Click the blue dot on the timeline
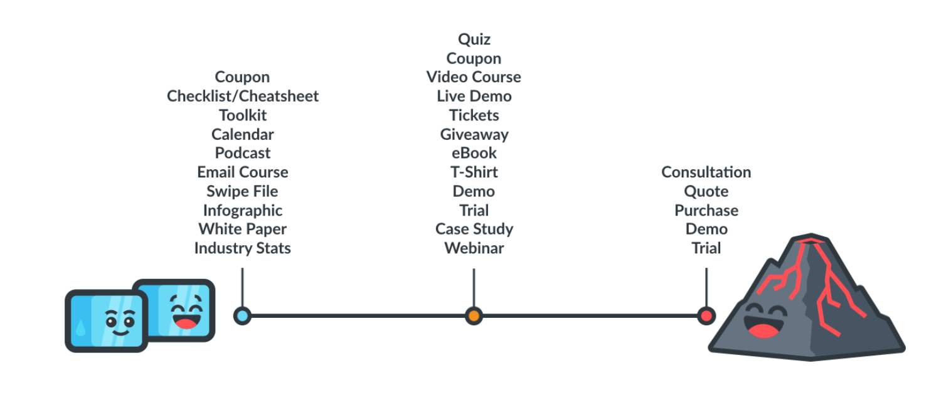pos(242,315)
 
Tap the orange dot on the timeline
pos(474,315)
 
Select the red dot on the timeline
pos(706,315)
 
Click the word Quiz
pos(474,39)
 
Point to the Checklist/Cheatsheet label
pos(243,96)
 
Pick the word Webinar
pos(474,248)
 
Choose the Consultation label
pos(706,172)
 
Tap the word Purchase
pos(706,210)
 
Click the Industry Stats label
pos(242,248)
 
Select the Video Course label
pos(474,77)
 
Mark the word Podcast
pos(242,153)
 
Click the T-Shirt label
pos(474,172)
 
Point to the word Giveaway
pos(474,134)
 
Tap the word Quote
pos(706,191)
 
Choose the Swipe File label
pos(242,191)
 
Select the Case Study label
pos(474,229)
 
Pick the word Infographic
pos(242,210)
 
